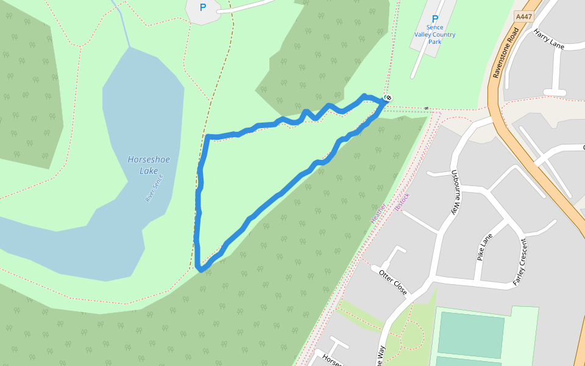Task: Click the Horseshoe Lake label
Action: tap(149, 165)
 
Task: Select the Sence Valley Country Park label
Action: tap(434, 35)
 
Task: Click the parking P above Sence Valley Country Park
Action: tap(434, 20)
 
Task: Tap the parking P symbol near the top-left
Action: tap(203, 8)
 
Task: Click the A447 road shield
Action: tap(523, 17)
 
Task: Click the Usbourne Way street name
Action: tap(455, 192)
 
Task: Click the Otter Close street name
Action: tap(392, 282)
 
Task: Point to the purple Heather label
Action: tap(378, 213)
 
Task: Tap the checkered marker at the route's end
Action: tap(388, 98)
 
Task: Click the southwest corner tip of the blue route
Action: tap(200, 269)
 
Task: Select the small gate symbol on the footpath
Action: tap(427, 109)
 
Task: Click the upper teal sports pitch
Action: tap(470, 334)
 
